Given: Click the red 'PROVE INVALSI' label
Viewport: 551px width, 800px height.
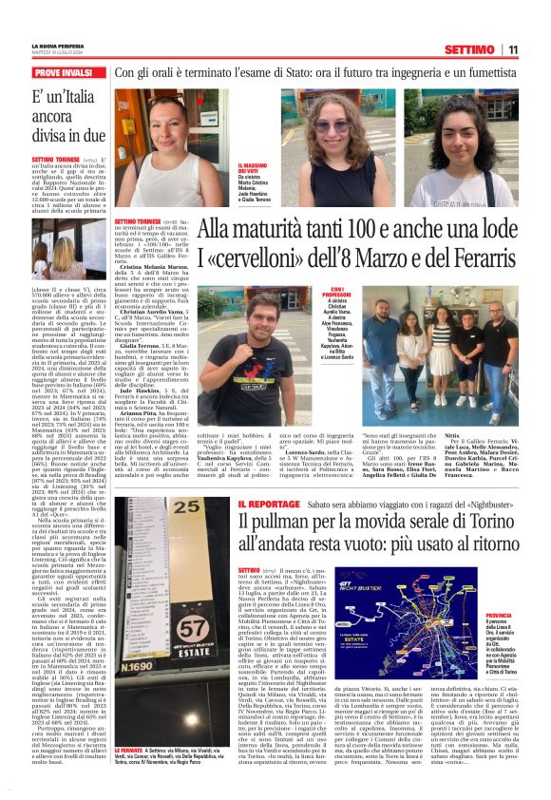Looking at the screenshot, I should point(63,72).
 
